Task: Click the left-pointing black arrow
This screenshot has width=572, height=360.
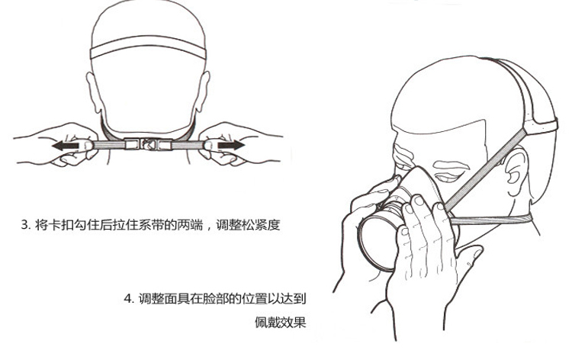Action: (65, 146)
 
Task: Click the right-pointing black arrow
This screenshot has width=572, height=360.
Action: (231, 145)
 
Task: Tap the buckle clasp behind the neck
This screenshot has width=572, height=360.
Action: (148, 144)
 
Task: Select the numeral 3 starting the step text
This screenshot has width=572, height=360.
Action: (24, 225)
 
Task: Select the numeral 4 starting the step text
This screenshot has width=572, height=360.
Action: (127, 299)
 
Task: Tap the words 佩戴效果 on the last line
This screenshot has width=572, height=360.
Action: (280, 323)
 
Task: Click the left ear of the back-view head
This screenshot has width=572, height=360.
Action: (93, 92)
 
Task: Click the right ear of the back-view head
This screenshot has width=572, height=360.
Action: (203, 92)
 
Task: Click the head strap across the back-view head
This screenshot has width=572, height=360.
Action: (148, 47)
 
